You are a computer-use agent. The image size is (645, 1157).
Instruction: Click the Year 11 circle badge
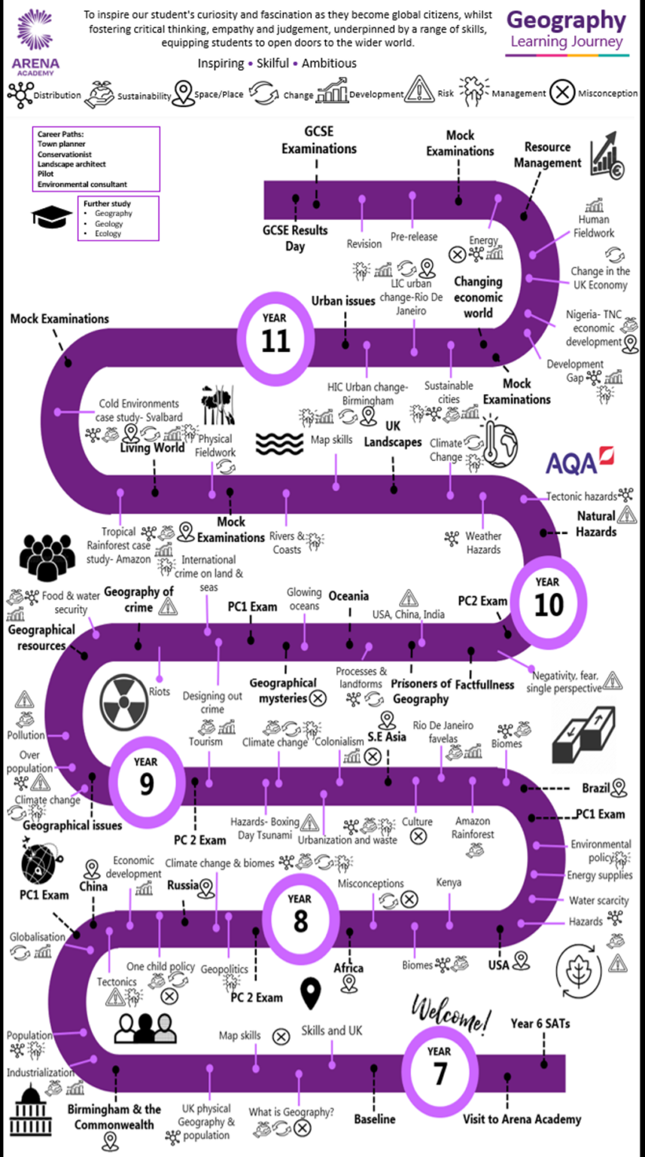pos(275,333)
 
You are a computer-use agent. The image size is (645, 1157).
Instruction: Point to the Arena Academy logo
pos(35,42)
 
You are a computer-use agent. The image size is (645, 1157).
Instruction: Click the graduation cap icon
pos(51,216)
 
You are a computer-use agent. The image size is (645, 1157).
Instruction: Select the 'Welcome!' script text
pos(451,1014)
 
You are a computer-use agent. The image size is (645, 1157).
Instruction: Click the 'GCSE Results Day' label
pos(295,237)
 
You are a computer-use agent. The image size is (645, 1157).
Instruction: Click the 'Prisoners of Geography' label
pos(421,691)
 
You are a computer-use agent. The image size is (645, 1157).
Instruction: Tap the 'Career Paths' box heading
pos(61,134)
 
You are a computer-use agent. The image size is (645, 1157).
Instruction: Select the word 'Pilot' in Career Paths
pos(47,174)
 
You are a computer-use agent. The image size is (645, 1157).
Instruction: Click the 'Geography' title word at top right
pos(566,20)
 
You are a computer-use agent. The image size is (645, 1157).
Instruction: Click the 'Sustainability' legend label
pos(145,96)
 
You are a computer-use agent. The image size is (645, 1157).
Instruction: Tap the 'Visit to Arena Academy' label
pos(522,1119)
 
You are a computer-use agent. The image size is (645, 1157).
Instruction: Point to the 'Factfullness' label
pos(484,684)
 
